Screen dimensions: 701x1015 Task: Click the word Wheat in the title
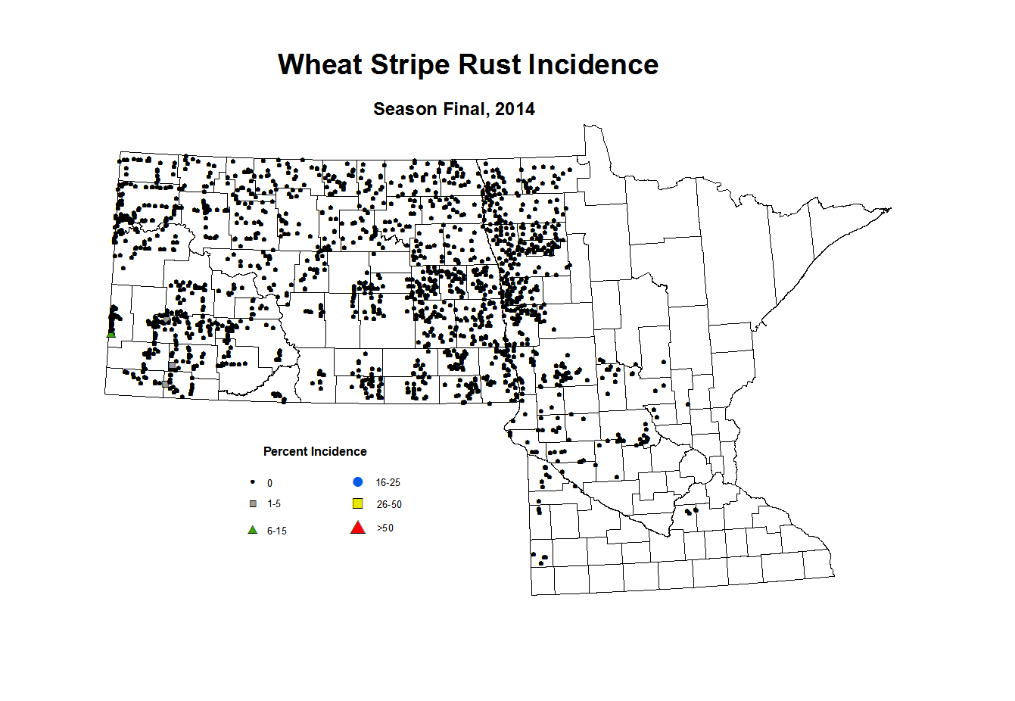[320, 65]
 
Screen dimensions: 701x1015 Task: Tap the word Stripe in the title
[408, 65]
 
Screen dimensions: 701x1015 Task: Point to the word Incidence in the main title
[593, 65]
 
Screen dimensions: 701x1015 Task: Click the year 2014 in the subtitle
[515, 109]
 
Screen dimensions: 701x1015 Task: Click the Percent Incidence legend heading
[315, 452]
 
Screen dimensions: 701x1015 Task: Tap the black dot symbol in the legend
[253, 482]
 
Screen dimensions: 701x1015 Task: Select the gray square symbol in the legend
[254, 504]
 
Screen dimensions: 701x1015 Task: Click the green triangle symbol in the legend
[253, 530]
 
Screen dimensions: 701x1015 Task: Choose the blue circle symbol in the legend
[358, 482]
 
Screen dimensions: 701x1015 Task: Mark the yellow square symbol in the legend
[358, 504]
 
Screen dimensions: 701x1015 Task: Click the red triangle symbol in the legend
[358, 528]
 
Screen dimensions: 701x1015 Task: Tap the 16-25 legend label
[388, 483]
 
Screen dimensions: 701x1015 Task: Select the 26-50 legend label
[389, 505]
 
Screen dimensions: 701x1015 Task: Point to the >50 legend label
[385, 528]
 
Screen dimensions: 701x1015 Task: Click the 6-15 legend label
[276, 531]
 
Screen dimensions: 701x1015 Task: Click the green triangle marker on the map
[111, 334]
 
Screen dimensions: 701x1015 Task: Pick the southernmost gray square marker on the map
[165, 384]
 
